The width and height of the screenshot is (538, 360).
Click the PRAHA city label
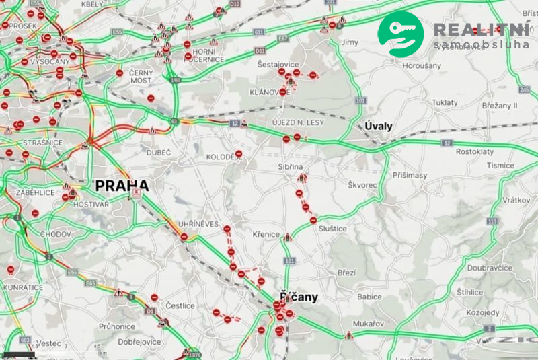coord(122,186)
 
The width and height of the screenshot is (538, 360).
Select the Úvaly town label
coord(377,126)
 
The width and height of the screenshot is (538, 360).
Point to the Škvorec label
coord(363,184)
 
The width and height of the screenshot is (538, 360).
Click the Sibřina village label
coord(293,165)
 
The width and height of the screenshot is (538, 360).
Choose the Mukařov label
coord(369,324)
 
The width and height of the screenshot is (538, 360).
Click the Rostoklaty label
coord(475,152)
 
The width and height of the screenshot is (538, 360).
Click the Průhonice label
coord(117,326)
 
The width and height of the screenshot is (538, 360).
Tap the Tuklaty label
coord(445,102)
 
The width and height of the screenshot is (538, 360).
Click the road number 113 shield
coord(493,221)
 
